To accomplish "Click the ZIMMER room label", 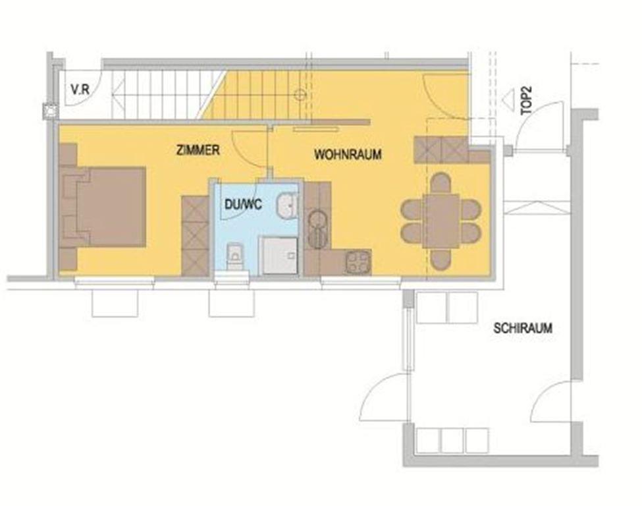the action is tap(198, 150).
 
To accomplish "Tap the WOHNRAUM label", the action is tap(348, 154).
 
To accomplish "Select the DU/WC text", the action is tap(243, 204).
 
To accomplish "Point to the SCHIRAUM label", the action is tap(523, 328).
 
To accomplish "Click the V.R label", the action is tap(80, 90).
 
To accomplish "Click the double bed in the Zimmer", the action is tap(102, 206).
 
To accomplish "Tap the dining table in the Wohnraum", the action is tap(441, 221).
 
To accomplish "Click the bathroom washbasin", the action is tap(287, 206).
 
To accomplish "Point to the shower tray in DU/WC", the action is tap(279, 256).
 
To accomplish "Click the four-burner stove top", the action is tap(358, 262).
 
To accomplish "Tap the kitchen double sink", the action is tap(317, 229).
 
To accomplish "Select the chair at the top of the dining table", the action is tap(441, 183).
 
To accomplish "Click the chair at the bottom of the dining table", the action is tap(441, 260).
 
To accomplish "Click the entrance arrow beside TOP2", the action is tap(509, 99).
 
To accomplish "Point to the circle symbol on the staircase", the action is tap(300, 95).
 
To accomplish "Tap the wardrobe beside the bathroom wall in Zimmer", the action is tap(196, 236).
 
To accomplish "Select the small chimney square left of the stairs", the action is tap(50, 111).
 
